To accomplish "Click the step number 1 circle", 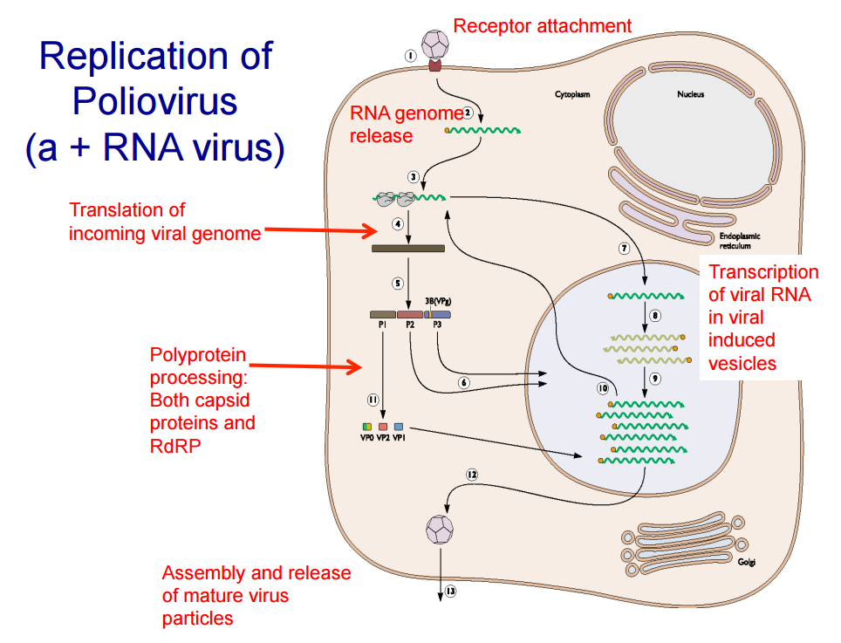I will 409,56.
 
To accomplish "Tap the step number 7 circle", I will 625,249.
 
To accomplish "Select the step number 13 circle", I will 450,591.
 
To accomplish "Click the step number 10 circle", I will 603,386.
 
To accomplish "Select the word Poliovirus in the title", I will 155,101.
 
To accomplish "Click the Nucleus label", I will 690,94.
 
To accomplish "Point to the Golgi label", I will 746,562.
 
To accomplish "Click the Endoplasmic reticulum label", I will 740,241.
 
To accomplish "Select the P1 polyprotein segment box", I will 382,314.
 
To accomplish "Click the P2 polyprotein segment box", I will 410,314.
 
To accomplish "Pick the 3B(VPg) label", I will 438,300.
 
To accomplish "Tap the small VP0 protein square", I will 367,426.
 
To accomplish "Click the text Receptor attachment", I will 542,26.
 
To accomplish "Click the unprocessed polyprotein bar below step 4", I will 408,249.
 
